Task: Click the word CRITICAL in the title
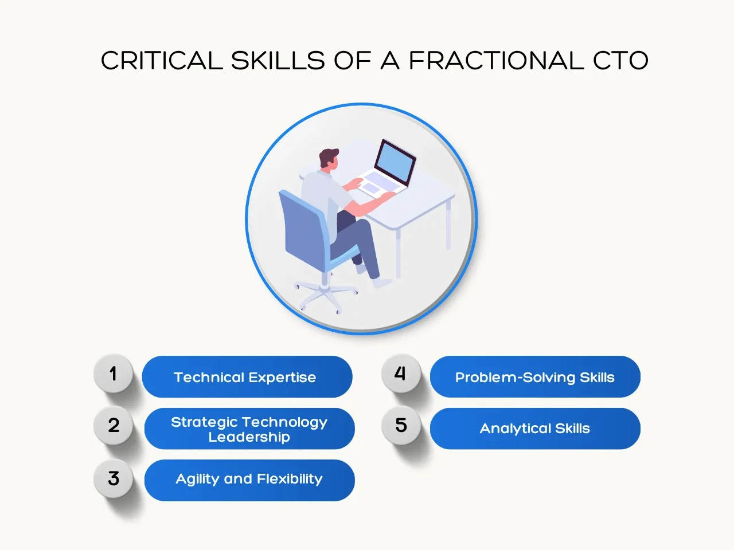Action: click(162, 61)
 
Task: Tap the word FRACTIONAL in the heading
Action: click(496, 61)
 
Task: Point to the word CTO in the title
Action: click(620, 61)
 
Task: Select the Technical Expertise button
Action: click(247, 376)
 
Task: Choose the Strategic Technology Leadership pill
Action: click(249, 429)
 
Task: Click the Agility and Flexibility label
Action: click(249, 480)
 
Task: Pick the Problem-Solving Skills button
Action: click(535, 376)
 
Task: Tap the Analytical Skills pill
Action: click(535, 429)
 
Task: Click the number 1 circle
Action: click(114, 374)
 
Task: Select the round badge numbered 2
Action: click(114, 425)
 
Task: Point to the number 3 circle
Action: click(114, 478)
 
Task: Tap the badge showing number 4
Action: click(401, 374)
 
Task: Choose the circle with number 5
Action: click(401, 425)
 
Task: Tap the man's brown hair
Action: click(327, 156)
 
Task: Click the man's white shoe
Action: click(382, 283)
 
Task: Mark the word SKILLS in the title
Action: click(278, 61)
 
